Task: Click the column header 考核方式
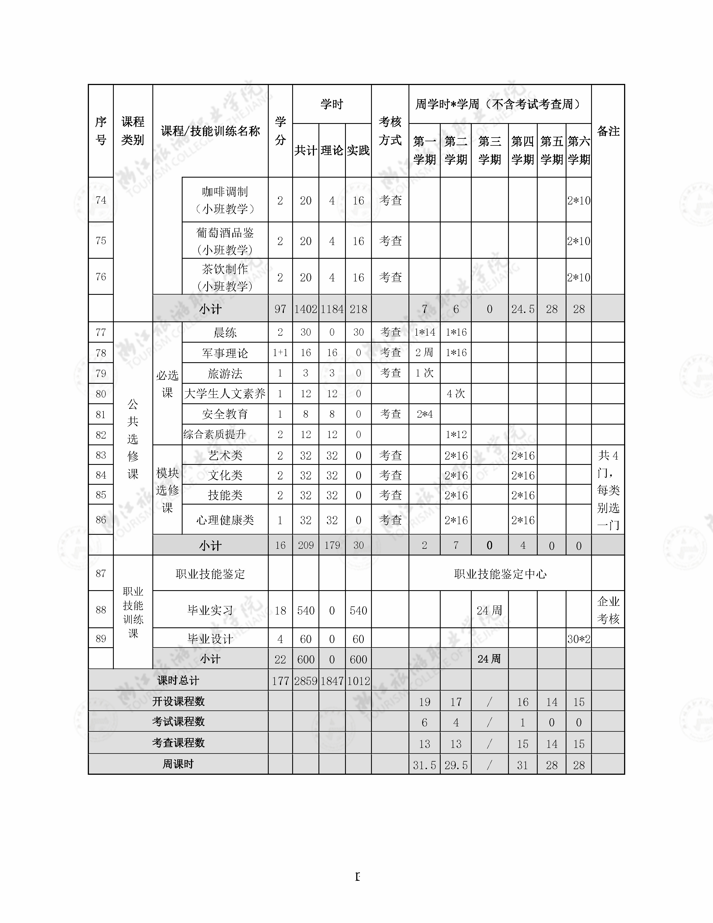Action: pyautogui.click(x=390, y=131)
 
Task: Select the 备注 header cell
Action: pyautogui.click(x=608, y=131)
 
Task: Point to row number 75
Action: pyautogui.click(x=101, y=241)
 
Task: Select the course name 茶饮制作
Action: pyautogui.click(x=225, y=269)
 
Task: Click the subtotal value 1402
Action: pyautogui.click(x=305, y=309)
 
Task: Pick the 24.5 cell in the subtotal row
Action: pyautogui.click(x=523, y=309)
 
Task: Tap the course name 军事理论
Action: pyautogui.click(x=225, y=353)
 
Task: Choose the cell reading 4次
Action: pyautogui.click(x=456, y=394)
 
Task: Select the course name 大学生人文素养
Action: pyautogui.click(x=225, y=394)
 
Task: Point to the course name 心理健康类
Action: pyautogui.click(x=225, y=520)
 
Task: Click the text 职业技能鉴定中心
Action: pyautogui.click(x=500, y=574)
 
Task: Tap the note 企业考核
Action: pyautogui.click(x=608, y=610)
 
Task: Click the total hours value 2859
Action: pyautogui.click(x=305, y=681)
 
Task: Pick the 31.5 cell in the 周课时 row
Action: pyautogui.click(x=424, y=765)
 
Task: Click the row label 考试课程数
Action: pyautogui.click(x=178, y=722)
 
